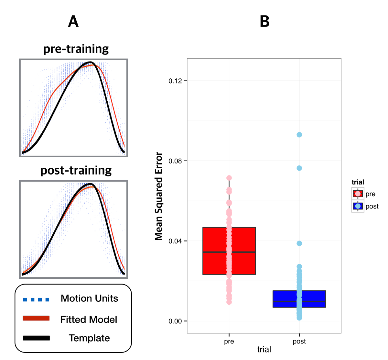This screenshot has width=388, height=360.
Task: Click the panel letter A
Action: pos(73,22)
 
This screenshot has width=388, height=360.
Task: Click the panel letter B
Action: pos(264,22)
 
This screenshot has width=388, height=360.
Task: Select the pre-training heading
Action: pos(76,49)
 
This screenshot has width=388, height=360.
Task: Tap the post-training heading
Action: pos(76,171)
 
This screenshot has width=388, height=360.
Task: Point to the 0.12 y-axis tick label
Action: pos(175,81)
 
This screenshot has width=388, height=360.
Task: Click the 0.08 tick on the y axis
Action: pos(175,161)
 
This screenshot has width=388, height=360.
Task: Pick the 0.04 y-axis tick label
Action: pos(175,241)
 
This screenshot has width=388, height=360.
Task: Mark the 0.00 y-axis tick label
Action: pos(175,321)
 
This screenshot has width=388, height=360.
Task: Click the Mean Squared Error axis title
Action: pos(158,196)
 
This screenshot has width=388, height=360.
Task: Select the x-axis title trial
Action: pos(264,350)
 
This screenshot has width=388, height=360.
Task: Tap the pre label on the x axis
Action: pos(229,342)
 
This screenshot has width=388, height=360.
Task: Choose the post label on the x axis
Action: pos(299,342)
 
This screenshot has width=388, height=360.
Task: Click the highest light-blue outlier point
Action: pos(299,135)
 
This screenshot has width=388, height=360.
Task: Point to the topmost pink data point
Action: pos(229,178)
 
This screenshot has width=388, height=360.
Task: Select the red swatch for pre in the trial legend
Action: pos(358,194)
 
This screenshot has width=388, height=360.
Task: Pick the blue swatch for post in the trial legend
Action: pos(358,206)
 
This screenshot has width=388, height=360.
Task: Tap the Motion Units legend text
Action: pos(89,298)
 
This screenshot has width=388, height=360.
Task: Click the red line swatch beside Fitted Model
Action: pos(36,318)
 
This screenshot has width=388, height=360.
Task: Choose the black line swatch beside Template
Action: pos(36,338)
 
